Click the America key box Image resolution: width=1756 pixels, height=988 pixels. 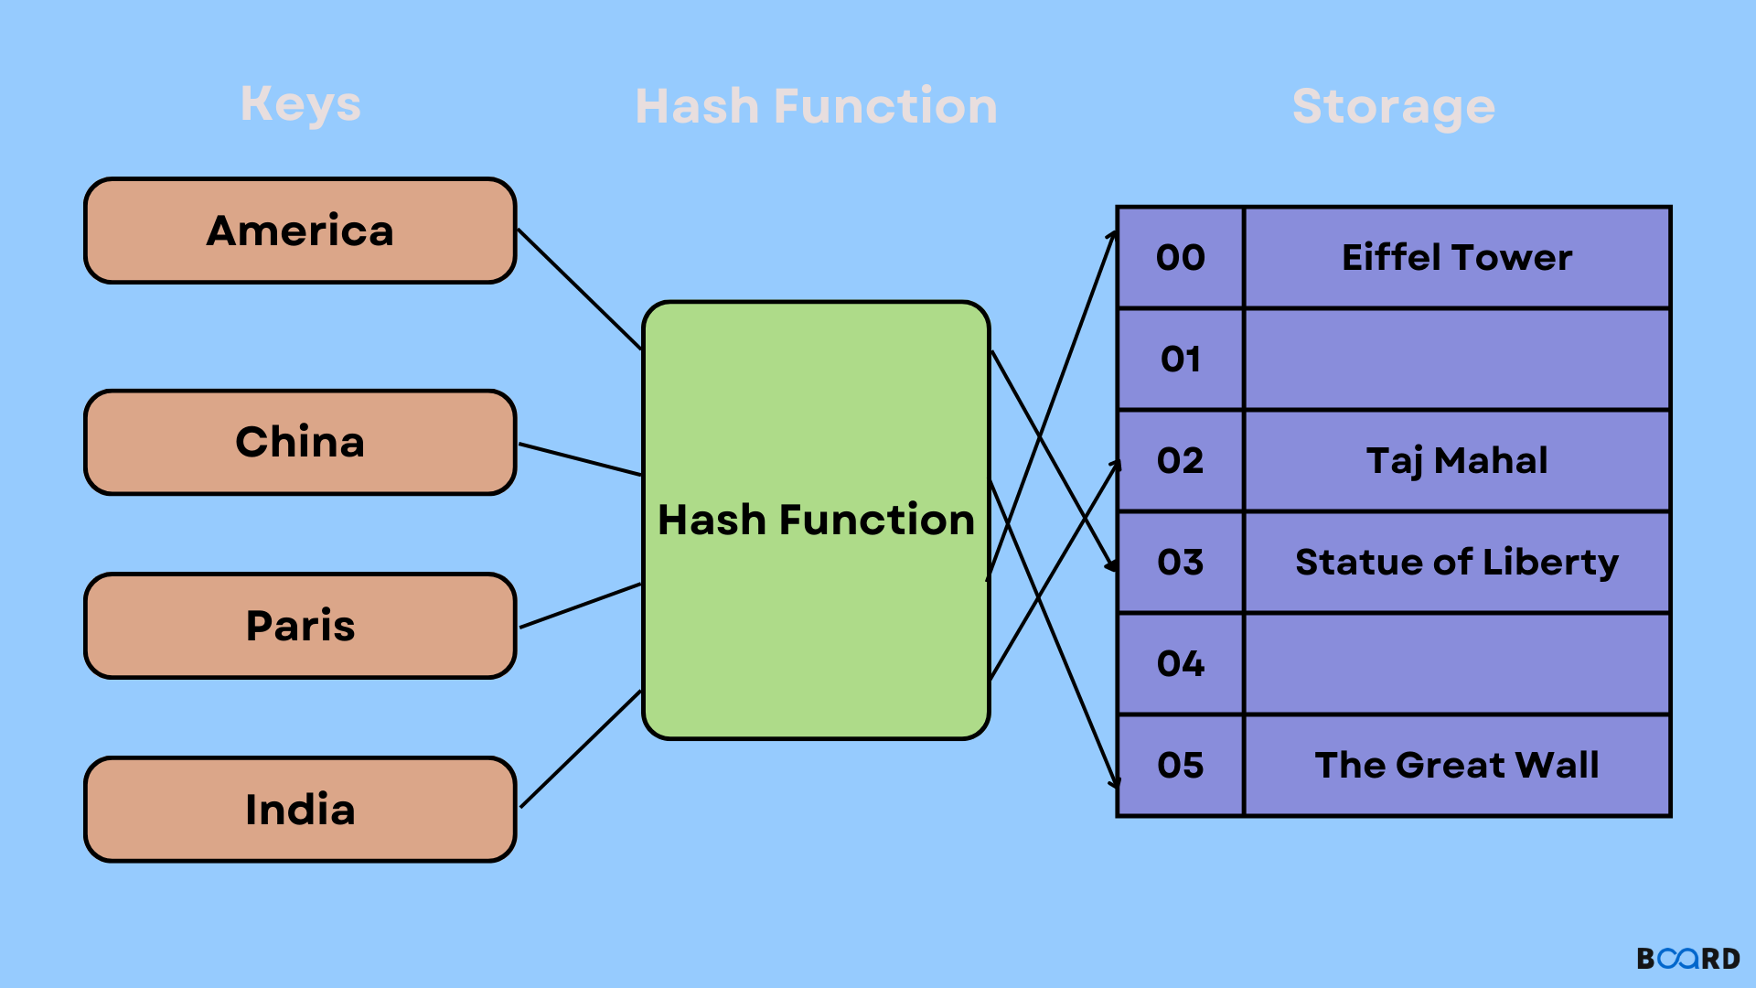(x=300, y=231)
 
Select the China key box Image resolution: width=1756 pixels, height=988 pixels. (x=300, y=443)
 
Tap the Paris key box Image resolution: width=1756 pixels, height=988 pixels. (x=300, y=627)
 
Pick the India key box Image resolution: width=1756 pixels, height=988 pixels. (x=300, y=810)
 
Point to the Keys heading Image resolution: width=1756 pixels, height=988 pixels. (x=300, y=104)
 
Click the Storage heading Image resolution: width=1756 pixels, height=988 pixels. (x=1393, y=107)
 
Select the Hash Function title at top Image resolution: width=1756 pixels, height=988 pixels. (x=816, y=106)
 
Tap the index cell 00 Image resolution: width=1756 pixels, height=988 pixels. (x=1180, y=258)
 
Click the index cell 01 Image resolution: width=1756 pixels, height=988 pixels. (x=1180, y=360)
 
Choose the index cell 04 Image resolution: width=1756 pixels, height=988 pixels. (x=1180, y=664)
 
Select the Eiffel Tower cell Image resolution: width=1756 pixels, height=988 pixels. (x=1456, y=258)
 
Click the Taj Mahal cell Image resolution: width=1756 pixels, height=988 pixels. (x=1456, y=461)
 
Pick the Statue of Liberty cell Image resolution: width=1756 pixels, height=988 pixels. (x=1456, y=563)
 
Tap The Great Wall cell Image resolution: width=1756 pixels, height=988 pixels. (x=1456, y=766)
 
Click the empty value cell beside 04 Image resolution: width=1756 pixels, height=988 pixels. (x=1456, y=664)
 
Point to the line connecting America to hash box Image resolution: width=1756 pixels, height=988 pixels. (x=580, y=289)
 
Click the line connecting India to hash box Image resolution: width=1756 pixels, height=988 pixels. (x=580, y=749)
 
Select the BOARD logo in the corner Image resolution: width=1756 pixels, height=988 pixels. (x=1687, y=959)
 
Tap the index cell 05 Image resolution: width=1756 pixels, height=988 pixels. (x=1180, y=766)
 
